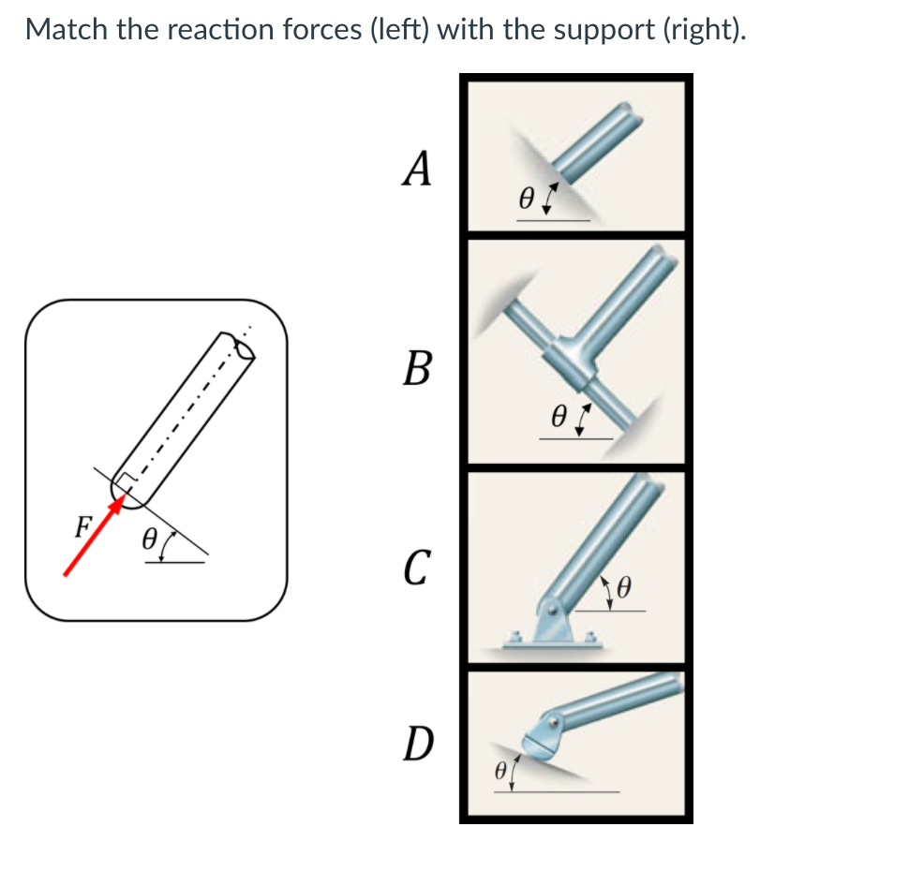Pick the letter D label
click(x=417, y=744)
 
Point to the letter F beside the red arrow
click(x=82, y=525)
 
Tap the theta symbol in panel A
click(x=527, y=199)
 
